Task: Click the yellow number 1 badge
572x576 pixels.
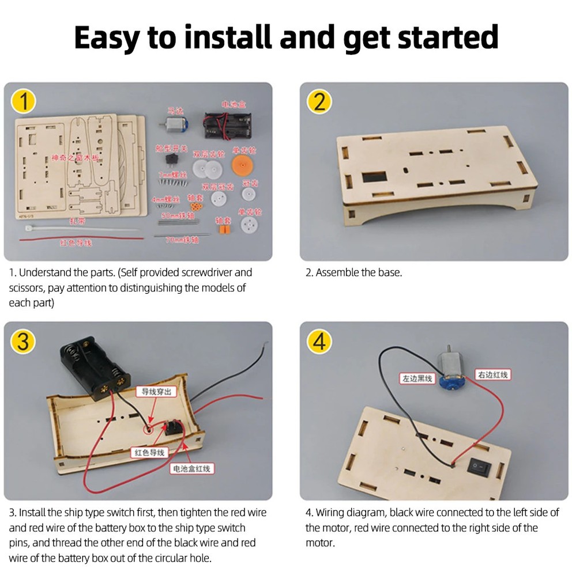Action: coord(23,101)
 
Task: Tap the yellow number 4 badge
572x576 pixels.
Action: coord(319,341)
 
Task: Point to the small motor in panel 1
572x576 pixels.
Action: coord(172,126)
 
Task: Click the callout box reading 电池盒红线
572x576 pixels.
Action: coord(192,469)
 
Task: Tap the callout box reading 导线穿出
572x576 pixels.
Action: coord(156,392)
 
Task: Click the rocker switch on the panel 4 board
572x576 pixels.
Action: coord(479,465)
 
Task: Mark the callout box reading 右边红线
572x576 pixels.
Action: coord(492,375)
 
